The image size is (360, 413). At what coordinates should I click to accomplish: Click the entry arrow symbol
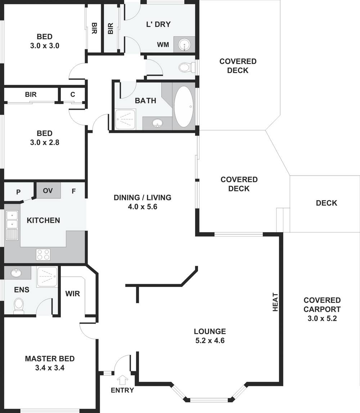pos(123,380)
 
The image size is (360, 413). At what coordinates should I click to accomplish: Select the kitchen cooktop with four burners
pos(43,255)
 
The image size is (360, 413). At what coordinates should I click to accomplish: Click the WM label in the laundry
pos(163,45)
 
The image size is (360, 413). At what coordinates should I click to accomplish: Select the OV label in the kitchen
pos(48,190)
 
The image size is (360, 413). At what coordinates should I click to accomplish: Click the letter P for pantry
pos(18,192)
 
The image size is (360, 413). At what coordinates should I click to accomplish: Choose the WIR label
pos(72,293)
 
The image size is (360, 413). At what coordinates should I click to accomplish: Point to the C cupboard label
pos(73,95)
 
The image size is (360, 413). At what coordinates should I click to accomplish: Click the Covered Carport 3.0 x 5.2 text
pos(322,309)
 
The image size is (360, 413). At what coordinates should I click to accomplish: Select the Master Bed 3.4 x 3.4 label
pos(50,363)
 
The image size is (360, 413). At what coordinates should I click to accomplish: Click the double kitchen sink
pos(12,220)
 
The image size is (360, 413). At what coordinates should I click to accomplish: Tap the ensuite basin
pos(16,273)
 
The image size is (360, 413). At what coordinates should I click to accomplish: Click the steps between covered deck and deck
pos(283,220)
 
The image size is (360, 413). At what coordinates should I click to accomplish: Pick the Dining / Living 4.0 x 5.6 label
pos(142,202)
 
